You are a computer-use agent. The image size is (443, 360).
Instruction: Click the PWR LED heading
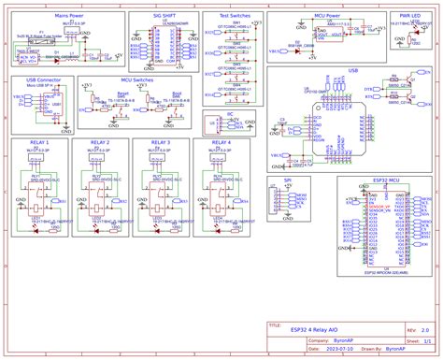tap(407, 16)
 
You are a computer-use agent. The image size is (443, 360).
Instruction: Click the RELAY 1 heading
tap(40, 142)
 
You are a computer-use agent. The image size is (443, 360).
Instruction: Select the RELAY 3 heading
tap(160, 142)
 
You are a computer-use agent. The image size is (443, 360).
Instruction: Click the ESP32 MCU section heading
tap(386, 180)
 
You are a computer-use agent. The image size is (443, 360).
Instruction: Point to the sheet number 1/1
tap(425, 341)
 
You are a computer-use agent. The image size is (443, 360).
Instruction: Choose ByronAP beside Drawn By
tap(396, 350)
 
